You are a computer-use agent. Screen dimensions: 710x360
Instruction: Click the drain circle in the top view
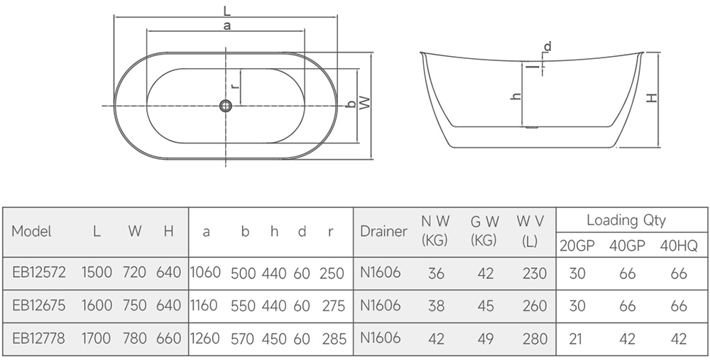click(226, 106)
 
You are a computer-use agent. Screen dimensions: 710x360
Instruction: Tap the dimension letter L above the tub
click(227, 10)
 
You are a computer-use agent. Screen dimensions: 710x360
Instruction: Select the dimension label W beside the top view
click(365, 103)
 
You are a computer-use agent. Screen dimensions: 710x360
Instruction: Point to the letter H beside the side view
click(652, 97)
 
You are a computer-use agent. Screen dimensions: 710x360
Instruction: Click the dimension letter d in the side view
click(548, 46)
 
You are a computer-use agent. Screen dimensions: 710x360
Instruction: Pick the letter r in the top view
click(234, 86)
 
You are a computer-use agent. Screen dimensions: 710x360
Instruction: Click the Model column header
click(31, 231)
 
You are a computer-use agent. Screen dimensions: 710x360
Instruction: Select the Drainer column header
click(383, 231)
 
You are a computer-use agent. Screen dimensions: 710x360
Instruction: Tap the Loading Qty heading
click(626, 221)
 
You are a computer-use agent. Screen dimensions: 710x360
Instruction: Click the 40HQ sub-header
click(679, 246)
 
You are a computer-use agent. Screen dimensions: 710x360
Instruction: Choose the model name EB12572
click(38, 273)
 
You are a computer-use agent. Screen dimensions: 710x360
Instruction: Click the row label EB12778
click(38, 338)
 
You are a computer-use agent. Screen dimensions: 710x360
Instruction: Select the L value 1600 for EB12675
click(97, 305)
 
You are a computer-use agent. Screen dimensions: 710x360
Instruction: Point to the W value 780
click(134, 338)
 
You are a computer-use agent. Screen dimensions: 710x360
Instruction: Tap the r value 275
click(334, 306)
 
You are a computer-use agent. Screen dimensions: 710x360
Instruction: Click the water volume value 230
click(535, 273)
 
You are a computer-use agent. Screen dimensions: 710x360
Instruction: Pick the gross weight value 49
click(486, 339)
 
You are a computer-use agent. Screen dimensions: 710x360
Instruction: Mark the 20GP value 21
click(575, 339)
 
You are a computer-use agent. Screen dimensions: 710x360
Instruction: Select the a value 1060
click(205, 273)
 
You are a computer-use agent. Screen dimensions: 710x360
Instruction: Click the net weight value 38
click(436, 306)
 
